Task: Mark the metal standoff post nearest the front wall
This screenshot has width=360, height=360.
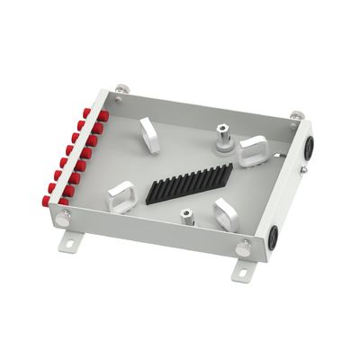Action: (186, 217)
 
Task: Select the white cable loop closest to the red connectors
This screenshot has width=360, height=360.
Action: (120, 195)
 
